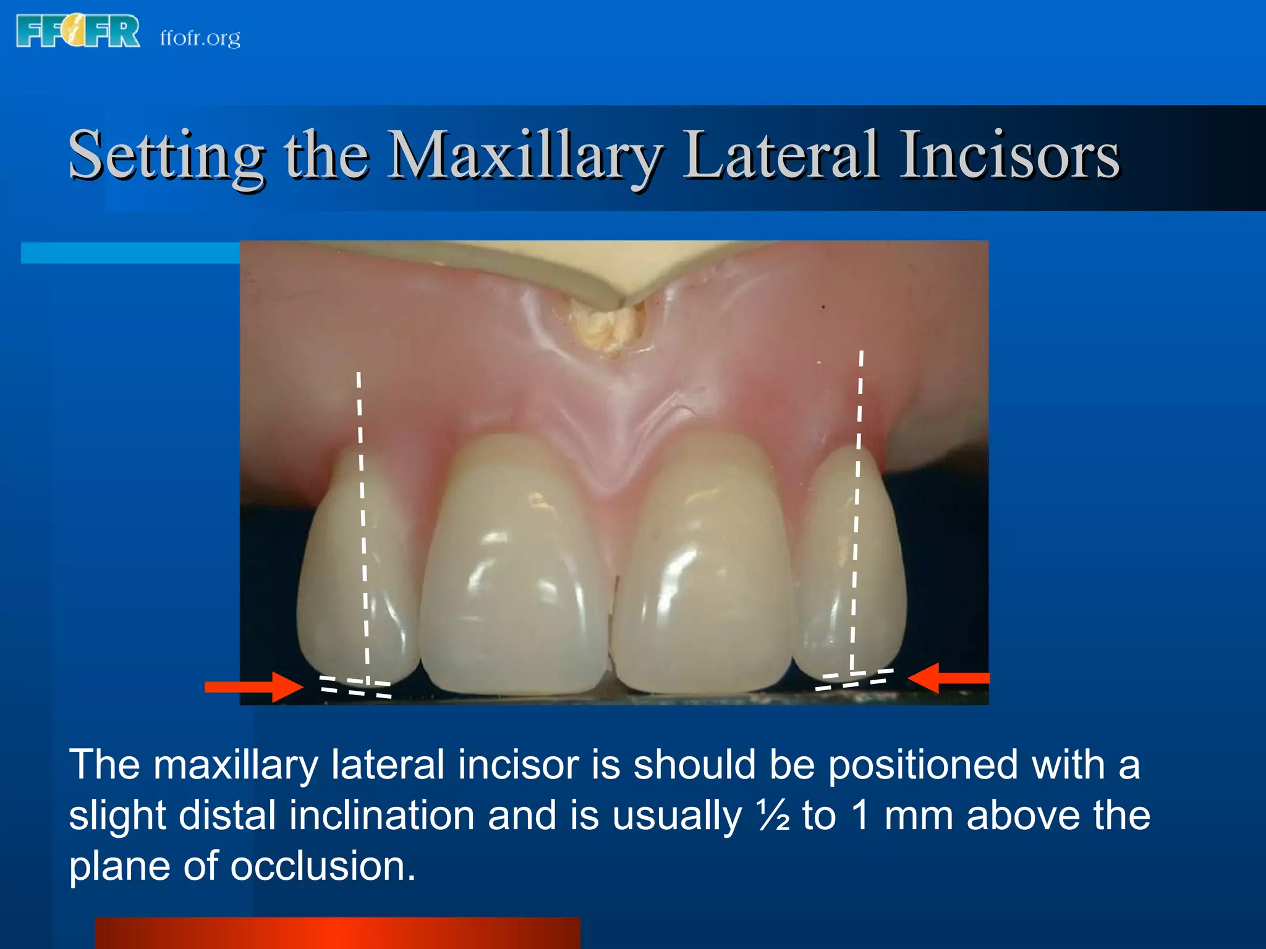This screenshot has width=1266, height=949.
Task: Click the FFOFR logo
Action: (78, 32)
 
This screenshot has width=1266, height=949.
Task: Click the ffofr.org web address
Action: (200, 38)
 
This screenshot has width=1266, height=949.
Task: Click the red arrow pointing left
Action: (949, 678)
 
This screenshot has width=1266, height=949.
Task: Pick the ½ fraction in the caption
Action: (773, 816)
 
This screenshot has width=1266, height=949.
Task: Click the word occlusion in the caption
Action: (323, 866)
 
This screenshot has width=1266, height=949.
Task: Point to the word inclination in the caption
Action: (381, 816)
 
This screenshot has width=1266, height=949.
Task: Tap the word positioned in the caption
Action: (922, 766)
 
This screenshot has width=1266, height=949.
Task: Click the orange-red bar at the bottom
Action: (338, 933)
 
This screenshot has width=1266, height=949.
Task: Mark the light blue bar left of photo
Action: (130, 253)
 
